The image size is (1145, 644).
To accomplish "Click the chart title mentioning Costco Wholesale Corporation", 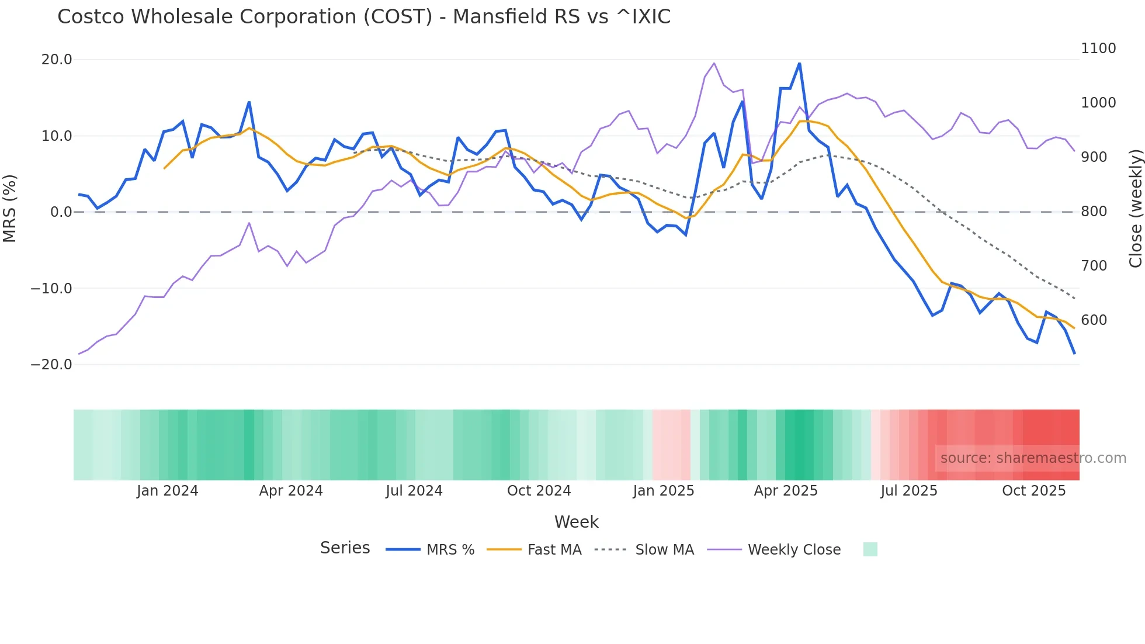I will (x=363, y=17).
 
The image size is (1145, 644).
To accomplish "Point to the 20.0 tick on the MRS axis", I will (x=57, y=60).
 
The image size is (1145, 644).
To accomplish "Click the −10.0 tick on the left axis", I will (x=51, y=289).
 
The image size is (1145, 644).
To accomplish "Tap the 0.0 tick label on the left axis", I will (x=61, y=212).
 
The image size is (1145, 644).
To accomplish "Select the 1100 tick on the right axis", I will (x=1098, y=49).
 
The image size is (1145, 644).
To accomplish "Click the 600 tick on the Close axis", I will (x=1094, y=320).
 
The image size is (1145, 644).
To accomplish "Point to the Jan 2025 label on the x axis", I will (x=663, y=491).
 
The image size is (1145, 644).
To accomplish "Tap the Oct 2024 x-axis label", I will (x=539, y=491).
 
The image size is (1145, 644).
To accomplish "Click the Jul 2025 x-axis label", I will (x=908, y=491).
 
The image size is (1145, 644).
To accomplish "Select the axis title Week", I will (x=576, y=522).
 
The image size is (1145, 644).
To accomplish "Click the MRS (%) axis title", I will (x=10, y=209).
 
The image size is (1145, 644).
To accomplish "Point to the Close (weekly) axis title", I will (x=1135, y=209).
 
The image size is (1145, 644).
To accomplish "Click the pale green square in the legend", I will (x=870, y=550).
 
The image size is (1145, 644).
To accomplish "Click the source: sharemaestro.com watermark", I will (x=1033, y=458).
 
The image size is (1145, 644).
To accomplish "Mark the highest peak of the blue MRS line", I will (x=799, y=63).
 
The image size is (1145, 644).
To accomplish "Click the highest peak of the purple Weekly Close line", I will (x=714, y=63).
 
